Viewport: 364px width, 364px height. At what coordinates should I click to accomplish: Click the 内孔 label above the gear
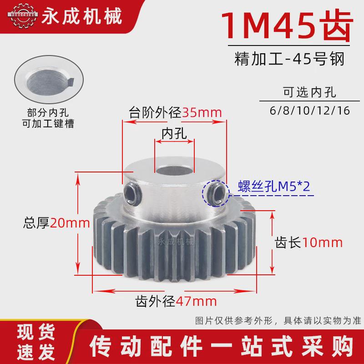tap(175, 132)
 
